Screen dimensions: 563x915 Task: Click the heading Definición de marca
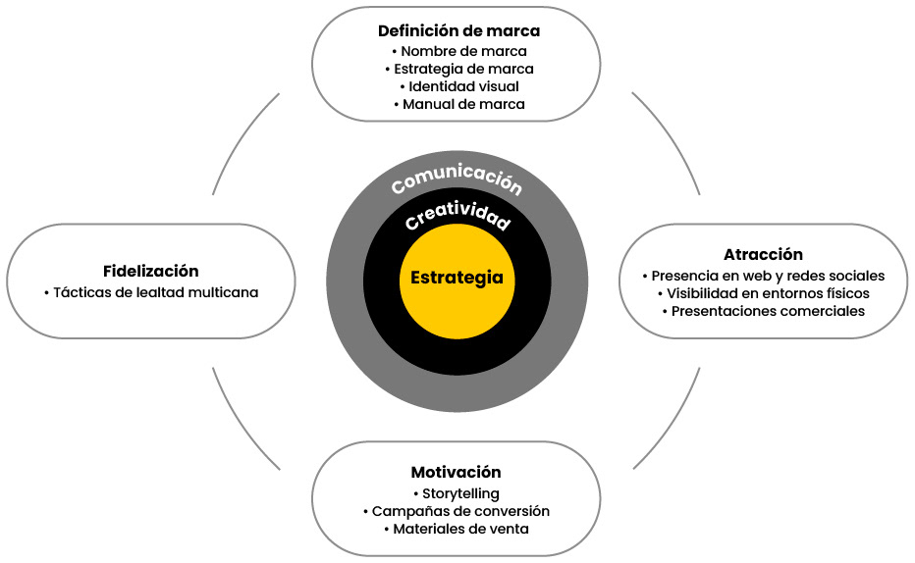458,30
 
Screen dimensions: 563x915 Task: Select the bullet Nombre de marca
458,51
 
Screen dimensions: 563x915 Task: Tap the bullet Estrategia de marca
458,69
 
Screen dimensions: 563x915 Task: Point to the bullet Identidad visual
458,86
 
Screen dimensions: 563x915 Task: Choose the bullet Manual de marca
458,104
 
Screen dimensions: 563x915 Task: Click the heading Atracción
763,255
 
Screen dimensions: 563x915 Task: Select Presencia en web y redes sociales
763,276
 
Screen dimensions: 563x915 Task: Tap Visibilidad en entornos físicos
763,293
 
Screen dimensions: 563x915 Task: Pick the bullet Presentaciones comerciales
763,311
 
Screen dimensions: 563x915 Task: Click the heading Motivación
456,472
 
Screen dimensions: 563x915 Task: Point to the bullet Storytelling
456,493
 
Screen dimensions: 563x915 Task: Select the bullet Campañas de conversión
456,511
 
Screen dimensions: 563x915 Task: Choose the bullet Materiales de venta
456,529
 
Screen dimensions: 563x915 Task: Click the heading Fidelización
150,271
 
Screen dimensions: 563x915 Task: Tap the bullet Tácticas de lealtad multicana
151,292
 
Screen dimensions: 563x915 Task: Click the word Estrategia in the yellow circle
457,278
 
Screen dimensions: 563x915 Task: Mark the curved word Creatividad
457,216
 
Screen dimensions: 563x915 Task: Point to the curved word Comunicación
457,180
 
